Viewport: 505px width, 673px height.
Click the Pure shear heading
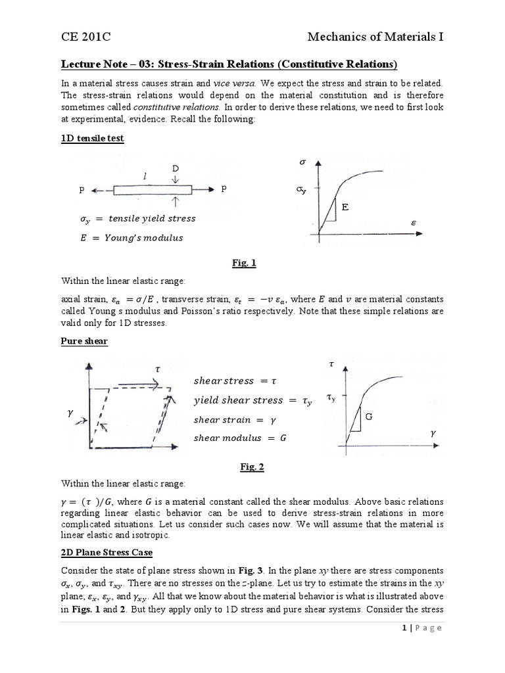(x=84, y=341)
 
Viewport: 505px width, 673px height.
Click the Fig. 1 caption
(x=244, y=263)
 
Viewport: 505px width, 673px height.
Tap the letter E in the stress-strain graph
(x=344, y=207)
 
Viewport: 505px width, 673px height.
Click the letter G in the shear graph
(x=369, y=417)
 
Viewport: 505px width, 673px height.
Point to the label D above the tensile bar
(x=176, y=169)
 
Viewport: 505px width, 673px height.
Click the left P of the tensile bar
(x=82, y=190)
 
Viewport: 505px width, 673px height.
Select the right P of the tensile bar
(x=224, y=189)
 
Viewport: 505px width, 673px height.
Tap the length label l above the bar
(x=144, y=175)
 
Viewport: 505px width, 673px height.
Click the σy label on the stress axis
(x=301, y=190)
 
